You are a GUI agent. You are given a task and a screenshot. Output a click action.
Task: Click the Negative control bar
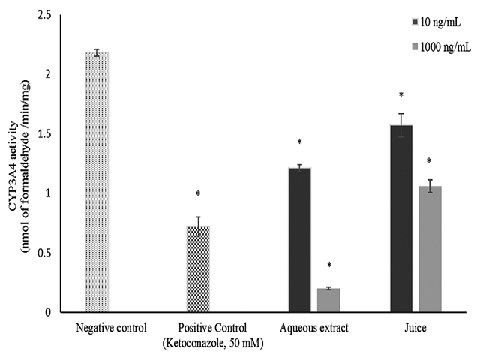[x=97, y=181]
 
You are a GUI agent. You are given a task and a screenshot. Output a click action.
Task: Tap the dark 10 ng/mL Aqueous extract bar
[x=300, y=239]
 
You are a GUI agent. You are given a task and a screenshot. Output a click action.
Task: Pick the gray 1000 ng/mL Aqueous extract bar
[x=328, y=299]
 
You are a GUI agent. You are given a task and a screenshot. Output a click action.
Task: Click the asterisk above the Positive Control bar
[x=198, y=194]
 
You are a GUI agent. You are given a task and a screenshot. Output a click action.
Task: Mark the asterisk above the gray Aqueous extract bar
[x=328, y=265]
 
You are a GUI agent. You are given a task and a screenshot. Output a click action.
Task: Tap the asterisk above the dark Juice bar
[x=400, y=95]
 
